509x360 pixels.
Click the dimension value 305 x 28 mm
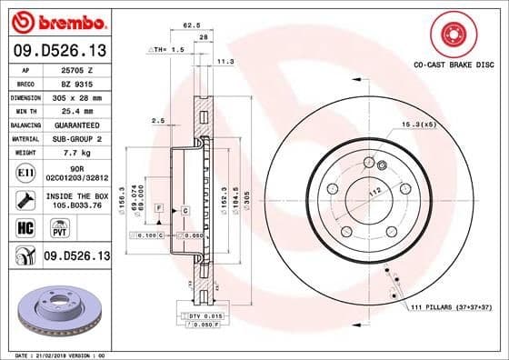pyautogui.click(x=77, y=95)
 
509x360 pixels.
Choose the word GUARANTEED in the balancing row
pyautogui.click(x=78, y=124)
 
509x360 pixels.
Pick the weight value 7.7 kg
pyautogui.click(x=74, y=152)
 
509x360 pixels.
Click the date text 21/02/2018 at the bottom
pyautogui.click(x=53, y=354)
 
